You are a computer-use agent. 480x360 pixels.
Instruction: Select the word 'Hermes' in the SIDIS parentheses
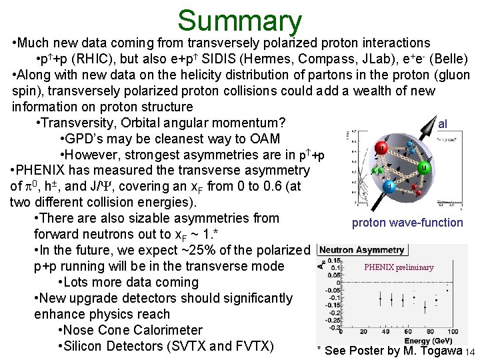tap(280, 59)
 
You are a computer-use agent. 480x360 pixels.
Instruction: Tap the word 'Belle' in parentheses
tap(450, 59)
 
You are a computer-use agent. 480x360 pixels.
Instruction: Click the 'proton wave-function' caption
tap(407, 223)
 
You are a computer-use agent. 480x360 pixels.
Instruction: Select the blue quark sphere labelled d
tap(389, 187)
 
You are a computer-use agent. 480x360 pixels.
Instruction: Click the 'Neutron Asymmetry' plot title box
tap(361, 250)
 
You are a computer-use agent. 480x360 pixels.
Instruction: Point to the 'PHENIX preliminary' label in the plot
tap(399, 267)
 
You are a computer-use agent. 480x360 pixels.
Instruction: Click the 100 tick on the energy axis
tap(451, 331)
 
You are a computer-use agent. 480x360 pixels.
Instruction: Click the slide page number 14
tap(470, 351)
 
